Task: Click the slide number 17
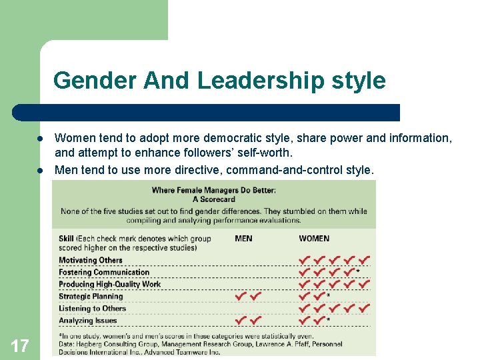20,345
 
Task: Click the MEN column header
243,239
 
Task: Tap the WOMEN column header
314,239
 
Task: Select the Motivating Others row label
91,260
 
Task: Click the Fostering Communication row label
104,272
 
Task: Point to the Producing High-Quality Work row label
110,284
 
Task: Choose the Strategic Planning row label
91,296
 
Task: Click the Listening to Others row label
92,308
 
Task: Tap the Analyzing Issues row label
87,321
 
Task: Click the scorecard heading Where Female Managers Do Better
213,190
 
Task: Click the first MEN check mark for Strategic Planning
241,295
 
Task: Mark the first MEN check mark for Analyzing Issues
241,320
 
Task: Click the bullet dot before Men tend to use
40,170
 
